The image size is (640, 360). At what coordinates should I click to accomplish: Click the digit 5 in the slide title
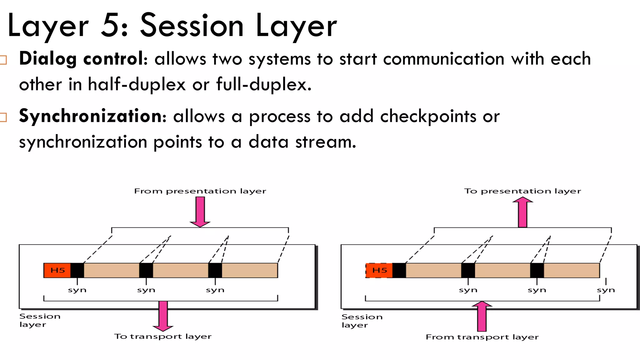click(109, 26)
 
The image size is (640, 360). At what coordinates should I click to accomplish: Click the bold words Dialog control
click(82, 59)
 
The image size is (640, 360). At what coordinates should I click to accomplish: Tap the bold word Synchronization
click(92, 116)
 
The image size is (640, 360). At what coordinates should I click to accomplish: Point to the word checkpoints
click(428, 117)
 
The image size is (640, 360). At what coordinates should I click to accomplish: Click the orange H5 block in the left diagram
click(57, 270)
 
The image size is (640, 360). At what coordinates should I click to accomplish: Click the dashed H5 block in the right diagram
click(379, 270)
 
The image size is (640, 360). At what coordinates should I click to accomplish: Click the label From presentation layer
click(200, 191)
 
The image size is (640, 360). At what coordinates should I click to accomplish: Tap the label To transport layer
click(162, 337)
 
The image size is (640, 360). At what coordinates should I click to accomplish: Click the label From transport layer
click(482, 337)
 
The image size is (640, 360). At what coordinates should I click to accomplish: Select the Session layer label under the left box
click(39, 320)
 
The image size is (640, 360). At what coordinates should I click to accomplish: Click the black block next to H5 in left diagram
click(77, 270)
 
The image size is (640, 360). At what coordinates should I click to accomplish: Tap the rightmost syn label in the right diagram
click(606, 290)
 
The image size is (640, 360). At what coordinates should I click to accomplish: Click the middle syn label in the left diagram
click(146, 290)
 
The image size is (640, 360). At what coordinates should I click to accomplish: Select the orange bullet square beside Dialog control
click(3, 60)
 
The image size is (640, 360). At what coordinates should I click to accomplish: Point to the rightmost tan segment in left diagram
click(249, 270)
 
